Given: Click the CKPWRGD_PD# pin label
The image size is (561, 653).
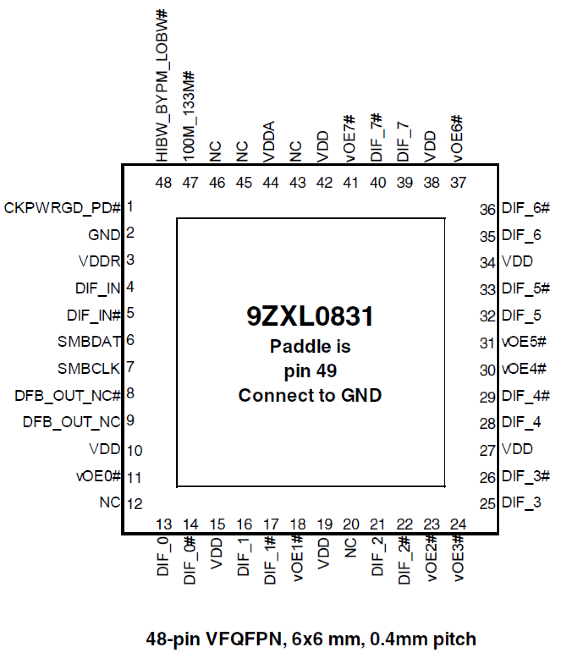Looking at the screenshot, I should click(x=63, y=208).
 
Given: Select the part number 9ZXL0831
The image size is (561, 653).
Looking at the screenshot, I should click(x=310, y=316).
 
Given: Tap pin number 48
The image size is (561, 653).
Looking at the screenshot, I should click(x=163, y=183).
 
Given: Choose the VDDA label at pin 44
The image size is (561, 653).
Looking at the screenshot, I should click(x=269, y=141).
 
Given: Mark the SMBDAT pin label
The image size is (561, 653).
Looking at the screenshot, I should click(x=89, y=342).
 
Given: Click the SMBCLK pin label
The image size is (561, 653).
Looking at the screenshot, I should click(x=89, y=369).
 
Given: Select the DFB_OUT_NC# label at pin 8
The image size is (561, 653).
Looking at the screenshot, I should click(x=68, y=396).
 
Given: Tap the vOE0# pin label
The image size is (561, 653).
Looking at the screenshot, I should click(x=99, y=476).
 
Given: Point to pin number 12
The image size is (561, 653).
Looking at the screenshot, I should click(x=134, y=504).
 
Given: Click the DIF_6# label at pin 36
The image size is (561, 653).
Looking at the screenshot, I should click(x=525, y=208).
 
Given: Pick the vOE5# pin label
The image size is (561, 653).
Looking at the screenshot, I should click(x=524, y=342).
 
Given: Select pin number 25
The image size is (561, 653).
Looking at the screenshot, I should click(x=487, y=504).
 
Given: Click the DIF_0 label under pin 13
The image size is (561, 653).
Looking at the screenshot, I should click(x=163, y=556).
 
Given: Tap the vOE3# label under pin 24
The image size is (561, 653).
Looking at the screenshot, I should click(x=458, y=558).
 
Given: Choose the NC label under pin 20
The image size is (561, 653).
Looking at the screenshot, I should click(x=351, y=548).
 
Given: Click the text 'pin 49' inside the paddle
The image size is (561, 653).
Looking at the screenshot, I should click(x=310, y=371).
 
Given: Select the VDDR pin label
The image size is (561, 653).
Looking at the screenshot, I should click(x=100, y=261).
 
